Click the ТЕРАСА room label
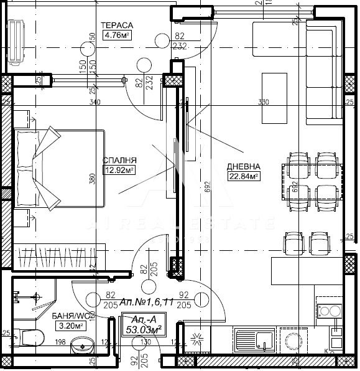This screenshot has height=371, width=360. pyautogui.click(x=117, y=25)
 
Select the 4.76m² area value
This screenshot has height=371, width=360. pyautogui.click(x=117, y=35)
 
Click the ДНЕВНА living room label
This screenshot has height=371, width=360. pyautogui.click(x=243, y=167)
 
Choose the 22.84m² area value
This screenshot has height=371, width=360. pyautogui.click(x=243, y=176)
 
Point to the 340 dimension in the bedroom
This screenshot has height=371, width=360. pyautogui.click(x=95, y=102)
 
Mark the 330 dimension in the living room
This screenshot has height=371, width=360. pyautogui.click(x=264, y=102)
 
